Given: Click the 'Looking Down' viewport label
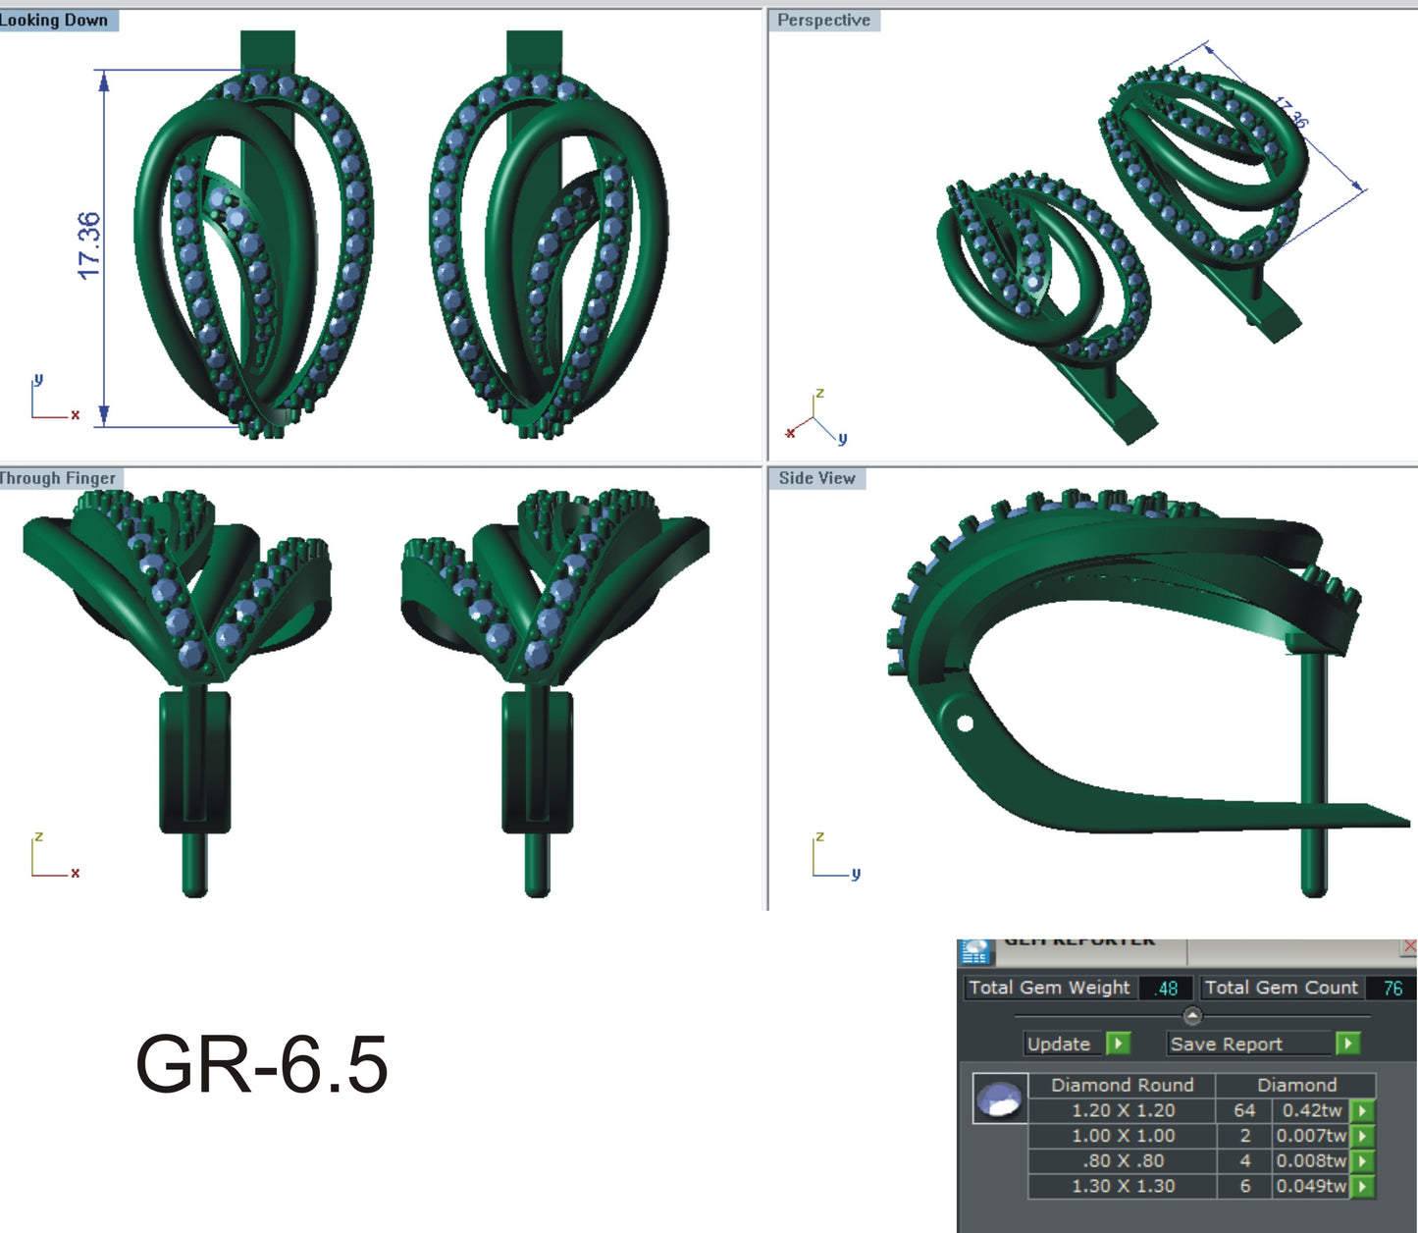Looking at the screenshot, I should (x=55, y=21).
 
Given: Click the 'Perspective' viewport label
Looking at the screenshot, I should (x=823, y=21).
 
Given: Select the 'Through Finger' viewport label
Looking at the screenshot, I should (x=59, y=478).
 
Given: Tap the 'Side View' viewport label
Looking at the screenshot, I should (x=816, y=478).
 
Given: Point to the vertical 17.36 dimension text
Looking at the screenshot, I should (x=89, y=245).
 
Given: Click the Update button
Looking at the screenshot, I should (x=1059, y=1044).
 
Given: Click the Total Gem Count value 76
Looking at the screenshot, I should (x=1392, y=989).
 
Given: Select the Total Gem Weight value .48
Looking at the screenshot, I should (x=1166, y=989).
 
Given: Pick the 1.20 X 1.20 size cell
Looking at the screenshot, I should (x=1123, y=1110).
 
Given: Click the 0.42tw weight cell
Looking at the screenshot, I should (x=1311, y=1110).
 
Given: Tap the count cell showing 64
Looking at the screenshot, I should (x=1244, y=1110).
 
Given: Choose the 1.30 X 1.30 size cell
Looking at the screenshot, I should (x=1123, y=1186).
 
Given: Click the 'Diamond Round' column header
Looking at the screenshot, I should (x=1123, y=1085).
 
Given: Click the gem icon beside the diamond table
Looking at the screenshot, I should (x=1000, y=1099).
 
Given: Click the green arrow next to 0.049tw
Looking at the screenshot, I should (x=1362, y=1186).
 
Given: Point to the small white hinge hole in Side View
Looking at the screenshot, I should (x=965, y=724).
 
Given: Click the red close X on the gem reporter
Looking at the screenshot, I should (x=1409, y=946).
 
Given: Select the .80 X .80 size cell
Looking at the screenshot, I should (x=1123, y=1160).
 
